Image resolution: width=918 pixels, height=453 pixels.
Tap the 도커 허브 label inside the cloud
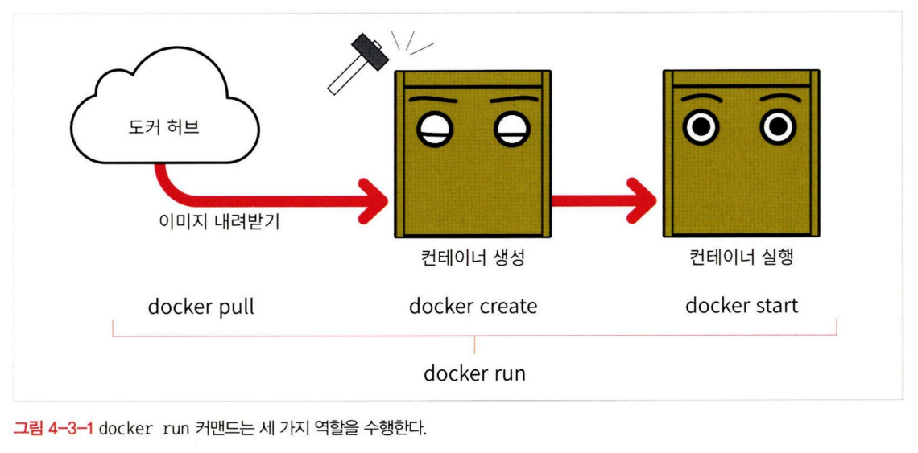coord(163,127)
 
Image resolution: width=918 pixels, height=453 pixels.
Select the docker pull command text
coord(201,307)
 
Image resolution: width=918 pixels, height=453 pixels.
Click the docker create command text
coord(473,307)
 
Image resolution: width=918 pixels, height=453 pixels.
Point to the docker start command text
coord(741,306)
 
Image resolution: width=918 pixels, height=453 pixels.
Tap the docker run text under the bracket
coord(474,373)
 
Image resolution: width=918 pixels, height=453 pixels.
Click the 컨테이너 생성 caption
coord(473,258)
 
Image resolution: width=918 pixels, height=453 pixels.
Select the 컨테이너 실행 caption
coord(741,258)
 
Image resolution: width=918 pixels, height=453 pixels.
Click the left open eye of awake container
coord(701,127)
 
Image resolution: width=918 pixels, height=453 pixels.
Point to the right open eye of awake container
coord(777,127)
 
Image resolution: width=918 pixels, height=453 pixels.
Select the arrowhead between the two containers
coord(640,197)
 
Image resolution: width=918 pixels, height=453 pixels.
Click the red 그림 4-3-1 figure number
coord(53,427)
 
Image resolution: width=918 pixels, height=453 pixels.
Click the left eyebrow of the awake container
coord(701,99)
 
